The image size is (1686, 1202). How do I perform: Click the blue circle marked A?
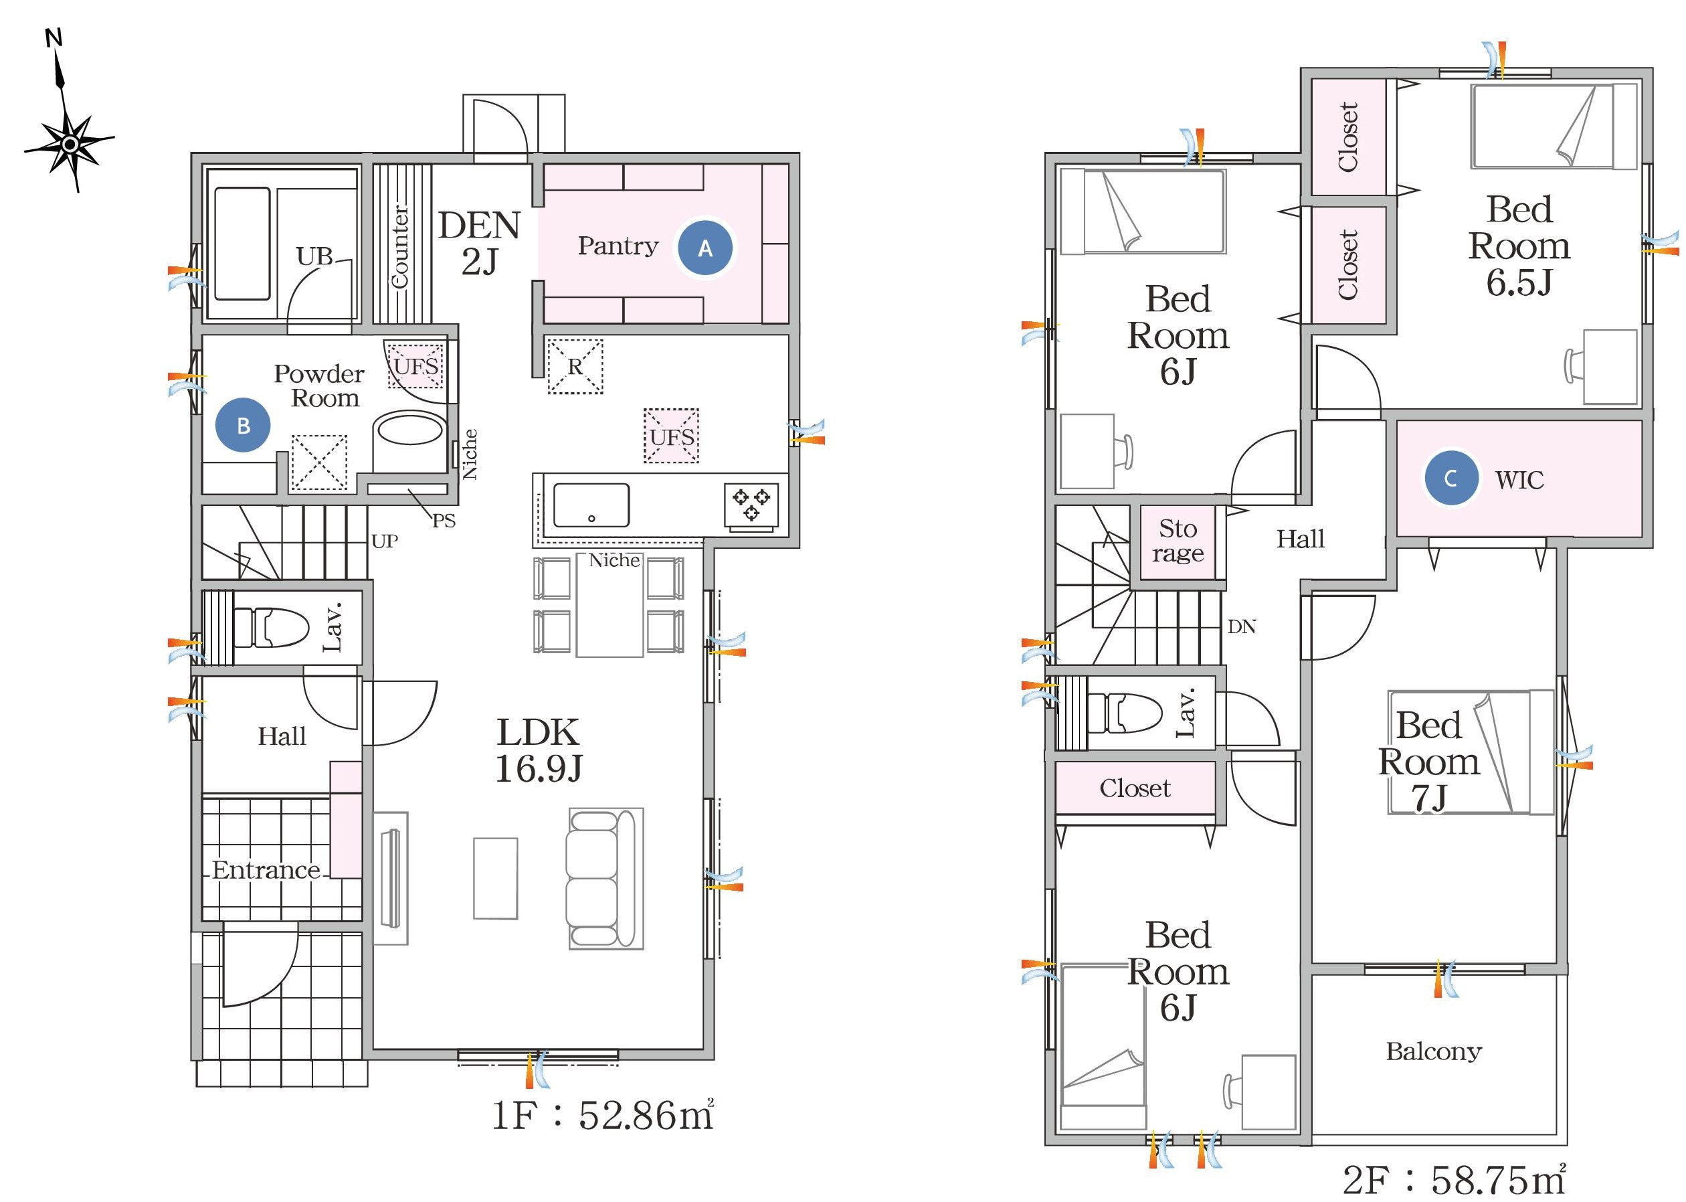(705, 248)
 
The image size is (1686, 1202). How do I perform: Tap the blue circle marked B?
(243, 425)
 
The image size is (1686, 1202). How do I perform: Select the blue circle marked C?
(1451, 478)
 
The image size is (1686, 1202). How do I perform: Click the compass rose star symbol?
(70, 145)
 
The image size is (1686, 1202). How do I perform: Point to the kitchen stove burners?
(751, 504)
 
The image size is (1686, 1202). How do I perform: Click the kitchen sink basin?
(591, 505)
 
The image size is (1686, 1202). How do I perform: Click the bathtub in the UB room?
(242, 244)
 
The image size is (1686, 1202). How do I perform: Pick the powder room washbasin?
(411, 429)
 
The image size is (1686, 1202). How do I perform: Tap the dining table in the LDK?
(610, 605)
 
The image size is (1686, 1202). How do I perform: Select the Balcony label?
(1434, 1051)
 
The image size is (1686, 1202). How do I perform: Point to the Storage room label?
(1178, 540)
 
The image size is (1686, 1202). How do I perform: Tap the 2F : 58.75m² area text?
(1454, 1179)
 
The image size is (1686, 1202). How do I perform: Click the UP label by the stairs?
(385, 541)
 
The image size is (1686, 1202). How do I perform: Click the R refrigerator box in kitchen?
(575, 366)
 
